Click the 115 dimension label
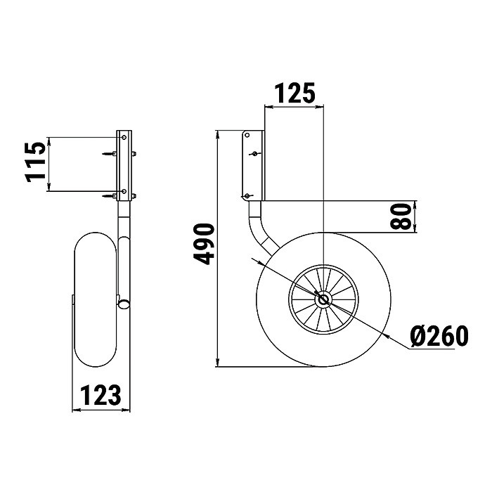tap(37, 162)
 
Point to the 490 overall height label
tap(204, 244)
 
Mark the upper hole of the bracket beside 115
tap(124, 139)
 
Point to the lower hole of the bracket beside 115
tap(124, 191)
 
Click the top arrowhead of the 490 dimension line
tap(219, 134)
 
